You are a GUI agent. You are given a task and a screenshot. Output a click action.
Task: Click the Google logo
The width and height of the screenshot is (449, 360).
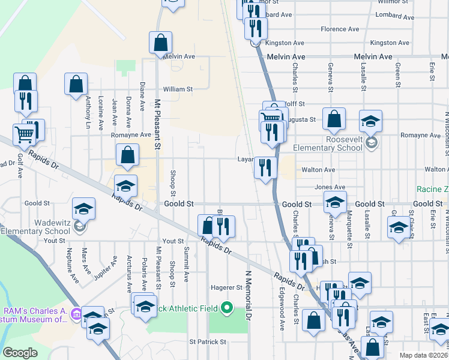pyautogui.click(x=20, y=353)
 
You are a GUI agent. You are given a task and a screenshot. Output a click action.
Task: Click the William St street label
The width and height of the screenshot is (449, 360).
pyautogui.click(x=177, y=89)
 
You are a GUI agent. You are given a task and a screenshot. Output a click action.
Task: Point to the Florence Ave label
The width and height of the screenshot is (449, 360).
pyautogui.click(x=340, y=29)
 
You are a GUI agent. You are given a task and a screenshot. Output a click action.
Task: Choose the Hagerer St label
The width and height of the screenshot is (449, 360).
pyautogui.click(x=226, y=287)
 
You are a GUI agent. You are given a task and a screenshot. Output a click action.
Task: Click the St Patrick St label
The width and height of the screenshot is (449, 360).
pyautogui.click(x=208, y=342)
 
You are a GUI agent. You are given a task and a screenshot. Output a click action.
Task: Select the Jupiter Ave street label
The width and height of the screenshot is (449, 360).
pyautogui.click(x=106, y=267)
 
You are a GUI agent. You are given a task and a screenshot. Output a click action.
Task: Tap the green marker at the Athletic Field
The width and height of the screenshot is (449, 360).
pyautogui.click(x=226, y=308)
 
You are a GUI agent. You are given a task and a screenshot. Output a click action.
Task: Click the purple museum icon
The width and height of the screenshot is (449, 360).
pyautogui.click(x=76, y=314)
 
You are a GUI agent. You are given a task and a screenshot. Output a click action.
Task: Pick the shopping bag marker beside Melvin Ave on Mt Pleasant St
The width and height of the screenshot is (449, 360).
pyautogui.click(x=161, y=43)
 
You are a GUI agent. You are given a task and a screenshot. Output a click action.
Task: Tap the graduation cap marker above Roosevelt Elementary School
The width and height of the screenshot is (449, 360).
pyautogui.click(x=371, y=122)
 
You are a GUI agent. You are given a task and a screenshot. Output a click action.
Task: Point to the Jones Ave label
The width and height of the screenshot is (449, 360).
pyautogui.click(x=330, y=187)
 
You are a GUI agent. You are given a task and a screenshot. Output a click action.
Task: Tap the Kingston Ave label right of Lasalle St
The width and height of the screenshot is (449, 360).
pyautogui.click(x=390, y=43)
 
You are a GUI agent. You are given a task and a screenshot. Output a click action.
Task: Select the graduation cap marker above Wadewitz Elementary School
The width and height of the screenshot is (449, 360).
pyautogui.click(x=83, y=209)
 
